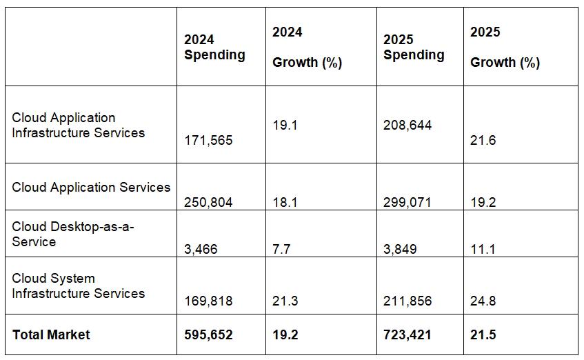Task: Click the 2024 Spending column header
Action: tap(214, 47)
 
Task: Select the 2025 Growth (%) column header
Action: tap(505, 47)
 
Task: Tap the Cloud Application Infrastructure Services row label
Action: tap(79, 125)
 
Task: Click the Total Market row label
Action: tap(51, 334)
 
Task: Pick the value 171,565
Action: tap(208, 140)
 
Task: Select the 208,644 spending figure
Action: tap(407, 126)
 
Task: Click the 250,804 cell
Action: tap(208, 202)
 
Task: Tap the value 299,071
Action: tap(407, 202)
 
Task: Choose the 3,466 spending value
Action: tap(201, 249)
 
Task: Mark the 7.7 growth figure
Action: tap(281, 249)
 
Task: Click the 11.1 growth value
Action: tap(483, 249)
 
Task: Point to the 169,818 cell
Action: tap(208, 301)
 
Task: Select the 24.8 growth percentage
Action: tap(483, 301)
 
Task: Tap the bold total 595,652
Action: tap(208, 334)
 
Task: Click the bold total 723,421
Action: tap(407, 334)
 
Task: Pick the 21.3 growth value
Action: tap(285, 301)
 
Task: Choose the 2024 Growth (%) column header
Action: tap(307, 47)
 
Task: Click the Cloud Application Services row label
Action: tap(91, 187)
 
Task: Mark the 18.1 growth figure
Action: tap(285, 202)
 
